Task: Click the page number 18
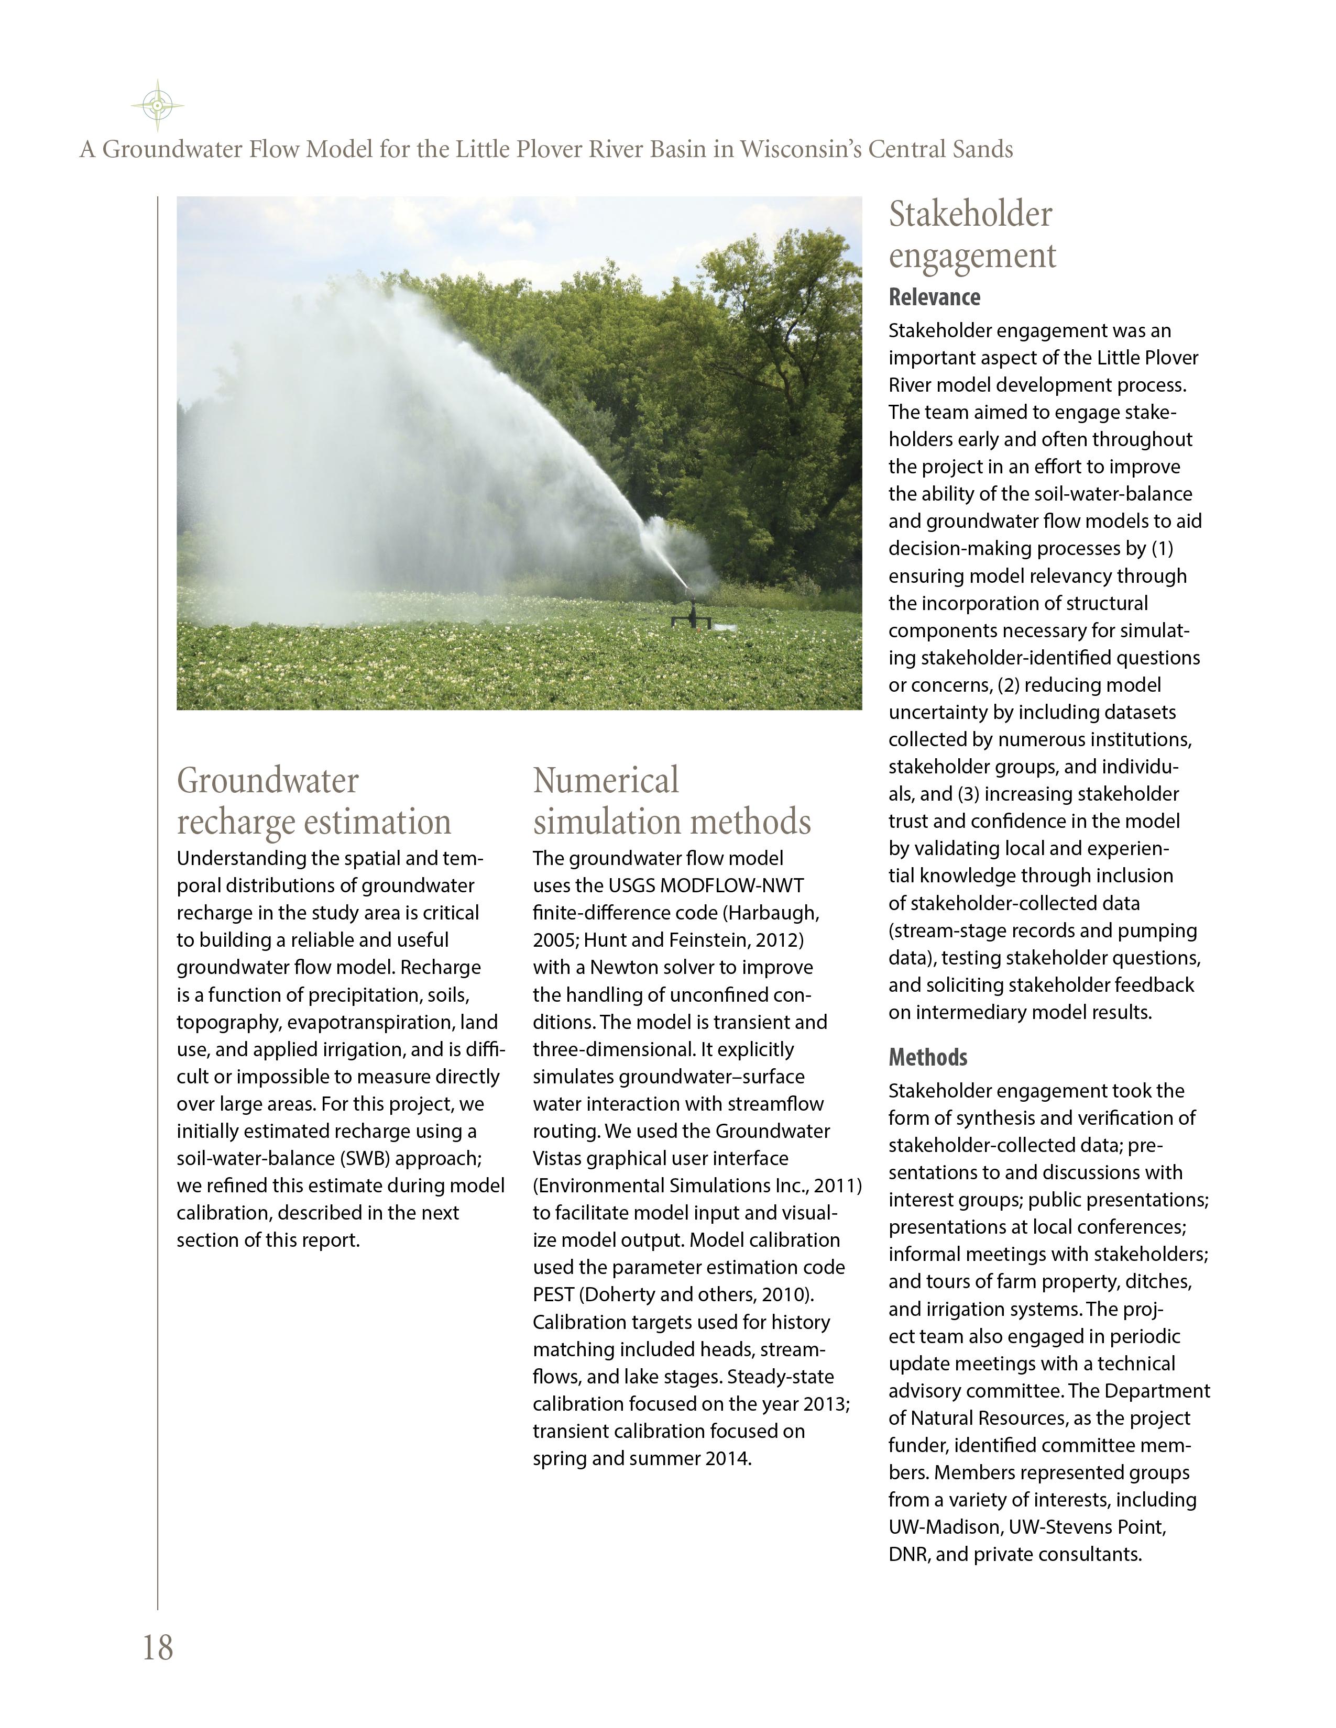pyautogui.click(x=158, y=1647)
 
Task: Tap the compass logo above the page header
pyautogui.click(x=158, y=104)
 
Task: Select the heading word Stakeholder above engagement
pyautogui.click(x=970, y=214)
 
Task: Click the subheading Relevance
pyautogui.click(x=934, y=297)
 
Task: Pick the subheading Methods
pyautogui.click(x=927, y=1057)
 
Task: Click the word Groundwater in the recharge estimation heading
pyautogui.click(x=268, y=780)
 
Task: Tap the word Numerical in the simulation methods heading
pyautogui.click(x=606, y=780)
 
